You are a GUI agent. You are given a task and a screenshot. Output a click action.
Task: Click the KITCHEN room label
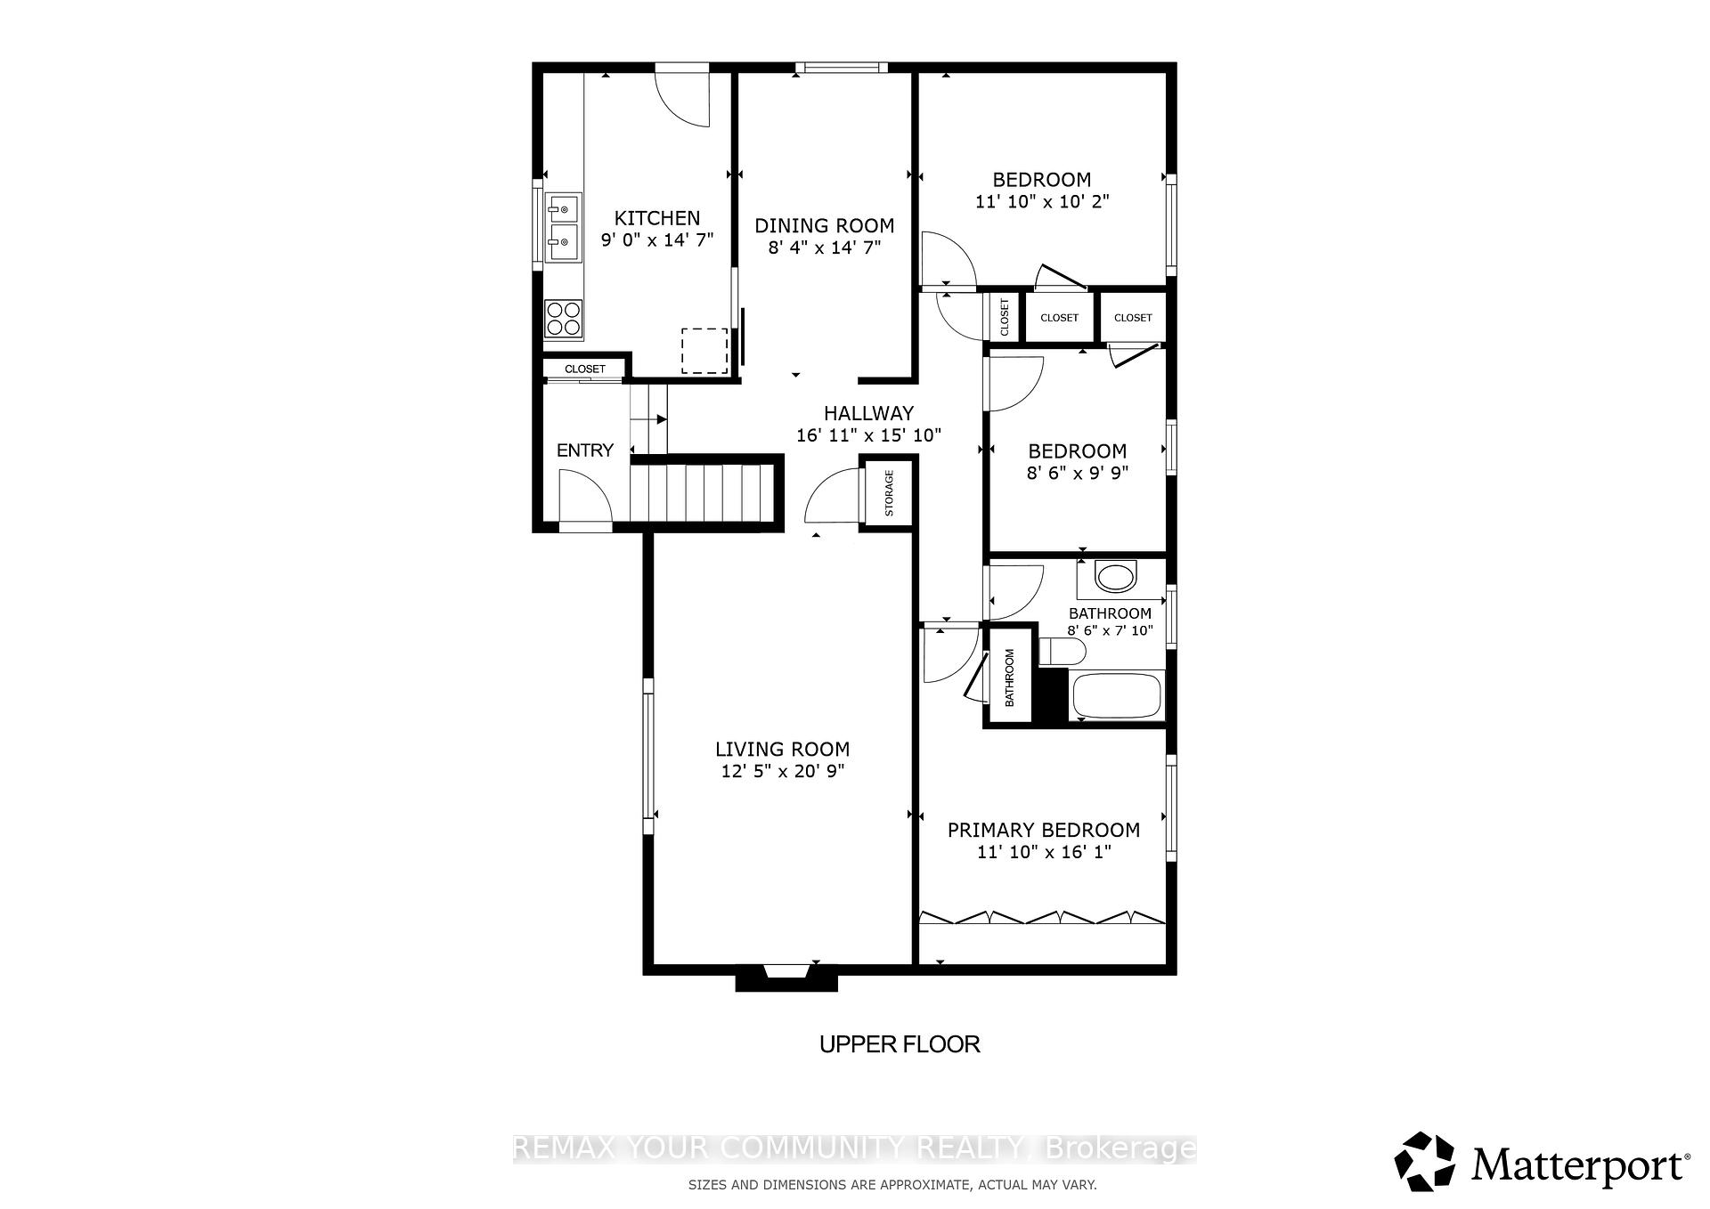657,218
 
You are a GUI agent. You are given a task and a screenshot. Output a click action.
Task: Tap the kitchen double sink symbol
562,227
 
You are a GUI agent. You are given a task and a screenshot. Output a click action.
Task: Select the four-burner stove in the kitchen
563,319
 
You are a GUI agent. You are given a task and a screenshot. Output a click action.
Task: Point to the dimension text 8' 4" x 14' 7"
824,247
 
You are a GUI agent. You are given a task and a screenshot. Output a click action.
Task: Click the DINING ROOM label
824,225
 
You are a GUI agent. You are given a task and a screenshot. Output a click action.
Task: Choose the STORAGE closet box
888,493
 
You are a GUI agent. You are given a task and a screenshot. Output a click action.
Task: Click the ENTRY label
584,450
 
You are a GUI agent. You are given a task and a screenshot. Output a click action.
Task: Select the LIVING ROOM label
782,750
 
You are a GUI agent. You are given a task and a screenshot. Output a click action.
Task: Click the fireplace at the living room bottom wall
786,978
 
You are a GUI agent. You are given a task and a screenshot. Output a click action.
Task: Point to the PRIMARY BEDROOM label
1043,831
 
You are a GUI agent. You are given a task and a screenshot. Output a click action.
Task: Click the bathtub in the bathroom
1118,696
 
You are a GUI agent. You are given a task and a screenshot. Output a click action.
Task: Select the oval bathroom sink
1116,577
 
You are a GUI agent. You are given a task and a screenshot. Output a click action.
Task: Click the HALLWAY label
868,413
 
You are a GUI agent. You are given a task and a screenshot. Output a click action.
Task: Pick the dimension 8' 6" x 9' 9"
1077,474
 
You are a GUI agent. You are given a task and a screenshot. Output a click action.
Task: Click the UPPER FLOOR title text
900,1044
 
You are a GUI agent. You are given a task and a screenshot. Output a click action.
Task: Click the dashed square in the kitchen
704,351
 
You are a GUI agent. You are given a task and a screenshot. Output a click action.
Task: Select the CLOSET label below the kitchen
584,369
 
